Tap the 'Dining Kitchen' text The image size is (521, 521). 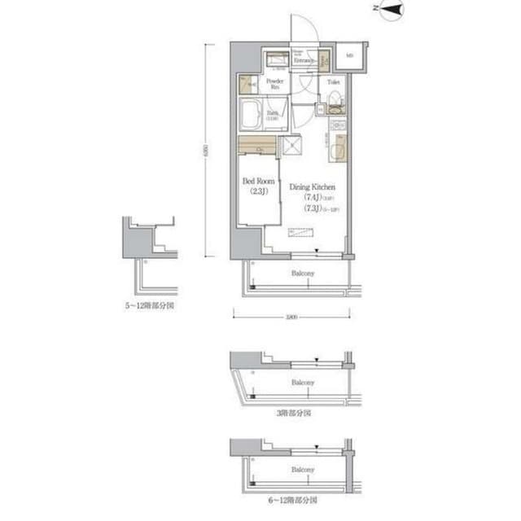[x=313, y=186]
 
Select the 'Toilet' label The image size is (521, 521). [x=334, y=82]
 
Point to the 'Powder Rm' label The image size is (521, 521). [x=274, y=85]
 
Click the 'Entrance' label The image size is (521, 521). [x=304, y=59]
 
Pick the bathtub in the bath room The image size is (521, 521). [x=252, y=114]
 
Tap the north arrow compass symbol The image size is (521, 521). [x=394, y=11]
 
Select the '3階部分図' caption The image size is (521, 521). [x=293, y=414]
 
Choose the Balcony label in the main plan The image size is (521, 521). [x=303, y=274]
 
